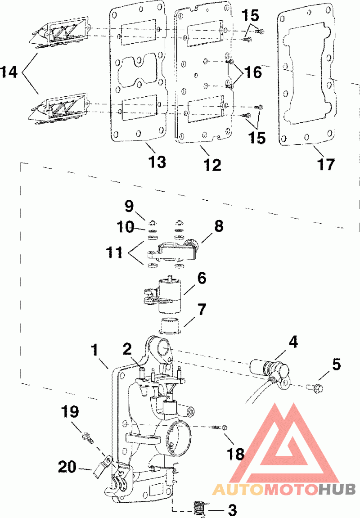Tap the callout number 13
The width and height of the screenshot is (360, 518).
point(157,162)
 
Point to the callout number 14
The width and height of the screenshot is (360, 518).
point(9,72)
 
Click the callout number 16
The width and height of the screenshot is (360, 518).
point(253,72)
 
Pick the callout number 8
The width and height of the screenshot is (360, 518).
point(218,226)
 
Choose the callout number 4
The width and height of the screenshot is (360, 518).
point(293,342)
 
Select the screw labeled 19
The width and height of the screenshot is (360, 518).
point(86,436)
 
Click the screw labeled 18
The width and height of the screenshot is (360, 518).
point(220,427)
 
